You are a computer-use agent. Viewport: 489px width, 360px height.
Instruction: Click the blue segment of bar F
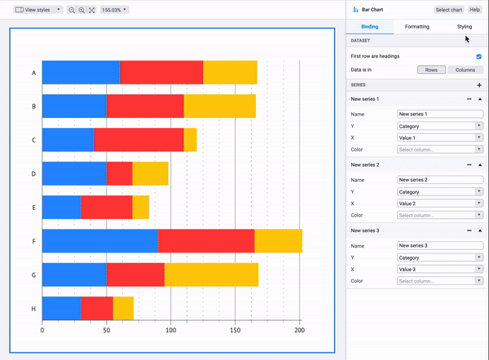[x=99, y=241]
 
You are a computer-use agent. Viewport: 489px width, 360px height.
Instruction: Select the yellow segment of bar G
[x=211, y=274]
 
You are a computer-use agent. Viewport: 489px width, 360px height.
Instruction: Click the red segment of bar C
[x=138, y=140]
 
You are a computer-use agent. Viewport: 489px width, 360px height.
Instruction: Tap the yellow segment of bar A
[x=230, y=72]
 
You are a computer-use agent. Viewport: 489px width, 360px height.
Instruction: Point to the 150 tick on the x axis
[x=235, y=331]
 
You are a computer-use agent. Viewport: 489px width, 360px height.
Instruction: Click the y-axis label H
[x=33, y=309]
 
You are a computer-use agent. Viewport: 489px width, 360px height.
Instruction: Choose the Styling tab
[x=464, y=27]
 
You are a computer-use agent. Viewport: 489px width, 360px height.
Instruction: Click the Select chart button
[x=447, y=10]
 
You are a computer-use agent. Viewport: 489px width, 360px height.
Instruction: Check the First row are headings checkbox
[x=478, y=57]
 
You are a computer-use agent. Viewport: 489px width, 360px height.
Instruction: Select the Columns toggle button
[x=465, y=70]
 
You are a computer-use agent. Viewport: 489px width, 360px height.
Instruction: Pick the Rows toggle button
[x=431, y=70]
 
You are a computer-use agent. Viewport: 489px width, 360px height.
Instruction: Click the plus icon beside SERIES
[x=479, y=85]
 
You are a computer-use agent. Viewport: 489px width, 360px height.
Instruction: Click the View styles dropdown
[x=37, y=10]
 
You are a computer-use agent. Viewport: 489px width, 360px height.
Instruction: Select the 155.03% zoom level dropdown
[x=113, y=10]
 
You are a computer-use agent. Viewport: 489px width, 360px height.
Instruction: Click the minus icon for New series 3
[x=469, y=231]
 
